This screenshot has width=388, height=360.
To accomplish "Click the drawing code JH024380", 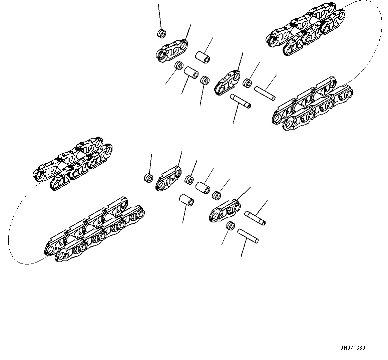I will [353, 348].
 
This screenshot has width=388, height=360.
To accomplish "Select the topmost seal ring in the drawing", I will [161, 33].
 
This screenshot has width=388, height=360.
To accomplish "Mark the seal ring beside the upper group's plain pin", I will [247, 82].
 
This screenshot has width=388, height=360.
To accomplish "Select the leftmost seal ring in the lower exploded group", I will [148, 178].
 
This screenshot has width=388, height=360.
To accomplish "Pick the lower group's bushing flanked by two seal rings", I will [203, 188].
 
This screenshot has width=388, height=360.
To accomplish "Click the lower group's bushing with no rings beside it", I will [186, 200].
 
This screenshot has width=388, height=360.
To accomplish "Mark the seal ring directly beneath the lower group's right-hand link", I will [230, 226].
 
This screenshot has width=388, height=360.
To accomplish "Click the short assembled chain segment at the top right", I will [306, 29].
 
